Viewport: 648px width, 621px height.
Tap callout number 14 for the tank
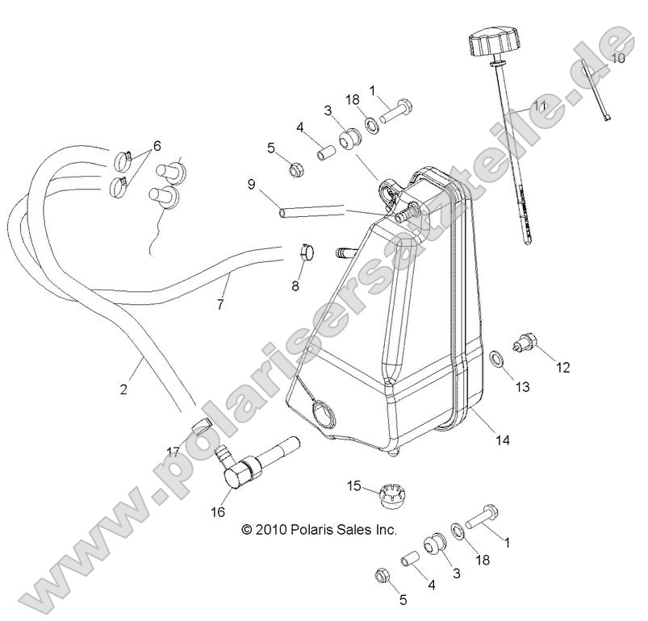[x=503, y=440]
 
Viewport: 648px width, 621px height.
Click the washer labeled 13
[x=495, y=358]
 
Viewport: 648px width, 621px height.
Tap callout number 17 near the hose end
[x=173, y=452]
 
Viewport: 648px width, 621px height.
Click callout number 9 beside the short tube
[x=251, y=184]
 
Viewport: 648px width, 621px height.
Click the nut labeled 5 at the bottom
[x=381, y=576]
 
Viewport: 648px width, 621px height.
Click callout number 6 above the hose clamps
[x=157, y=146]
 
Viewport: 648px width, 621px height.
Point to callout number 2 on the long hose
[x=123, y=389]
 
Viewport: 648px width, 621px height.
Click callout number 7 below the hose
[x=219, y=304]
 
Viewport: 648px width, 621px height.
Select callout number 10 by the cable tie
[x=617, y=58]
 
